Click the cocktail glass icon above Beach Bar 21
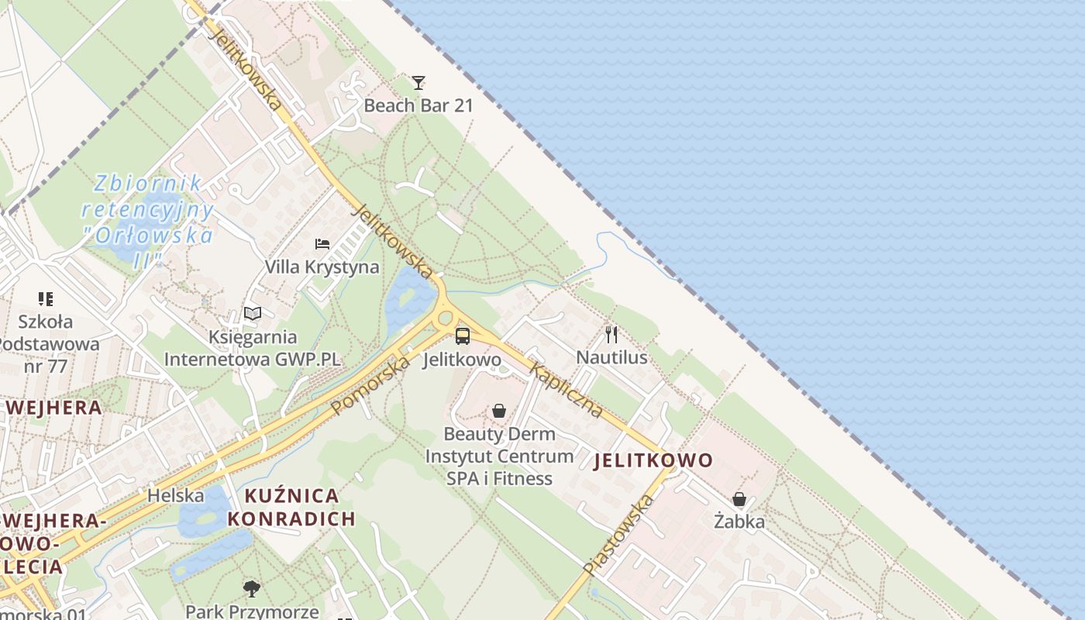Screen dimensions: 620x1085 [418, 82]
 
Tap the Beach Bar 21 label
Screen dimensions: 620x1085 [418, 105]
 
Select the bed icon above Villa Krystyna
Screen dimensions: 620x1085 [322, 244]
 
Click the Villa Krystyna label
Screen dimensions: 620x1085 [322, 267]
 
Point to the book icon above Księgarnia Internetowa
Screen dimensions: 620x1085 [253, 313]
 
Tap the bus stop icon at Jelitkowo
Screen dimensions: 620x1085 [463, 336]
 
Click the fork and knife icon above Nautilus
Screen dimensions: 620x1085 [612, 335]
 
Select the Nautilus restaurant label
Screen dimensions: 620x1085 [612, 357]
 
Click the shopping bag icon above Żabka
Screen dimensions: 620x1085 [739, 499]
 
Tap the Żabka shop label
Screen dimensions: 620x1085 [739, 522]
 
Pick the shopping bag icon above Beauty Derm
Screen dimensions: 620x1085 [500, 411]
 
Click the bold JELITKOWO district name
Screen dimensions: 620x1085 [653, 460]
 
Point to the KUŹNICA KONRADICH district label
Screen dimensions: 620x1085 [291, 507]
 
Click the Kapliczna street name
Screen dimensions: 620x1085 [567, 390]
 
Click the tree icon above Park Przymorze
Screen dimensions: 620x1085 [251, 589]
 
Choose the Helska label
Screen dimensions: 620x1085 [176, 495]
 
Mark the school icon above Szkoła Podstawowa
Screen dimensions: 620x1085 [46, 298]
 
